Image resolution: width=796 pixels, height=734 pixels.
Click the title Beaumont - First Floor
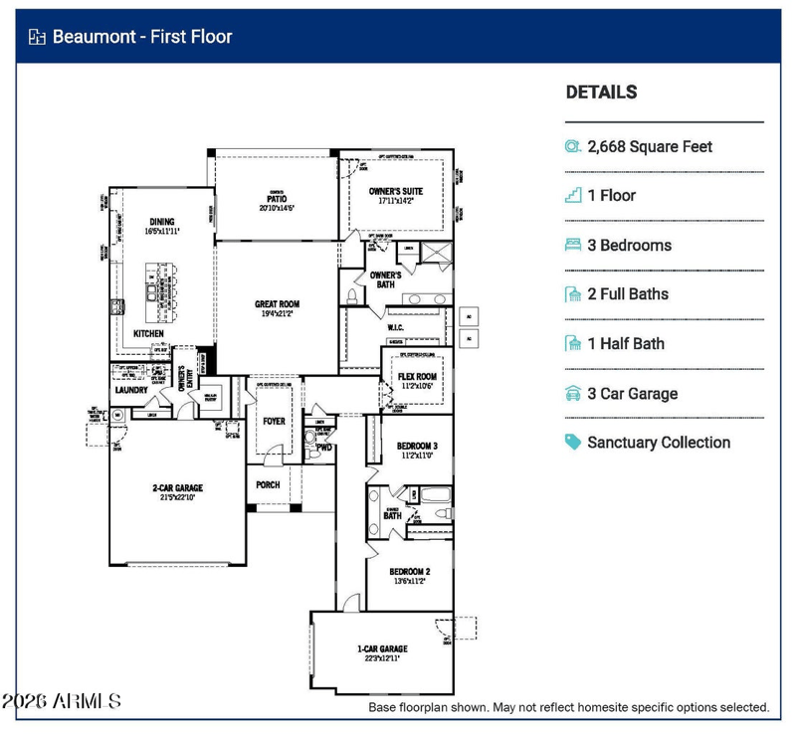pos(142,38)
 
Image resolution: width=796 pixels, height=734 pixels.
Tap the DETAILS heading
pos(601,92)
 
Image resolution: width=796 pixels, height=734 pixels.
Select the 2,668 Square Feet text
pos(650,146)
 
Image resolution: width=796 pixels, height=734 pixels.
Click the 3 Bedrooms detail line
pos(629,245)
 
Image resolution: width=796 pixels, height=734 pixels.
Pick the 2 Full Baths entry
pos(628,294)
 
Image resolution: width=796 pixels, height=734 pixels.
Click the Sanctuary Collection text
pos(659,443)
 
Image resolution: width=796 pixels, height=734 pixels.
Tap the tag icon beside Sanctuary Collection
pos(573,443)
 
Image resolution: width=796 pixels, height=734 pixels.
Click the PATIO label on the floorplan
pos(277,199)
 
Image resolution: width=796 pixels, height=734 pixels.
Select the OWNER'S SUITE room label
pos(396,190)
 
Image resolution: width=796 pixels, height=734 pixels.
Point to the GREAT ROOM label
pos(277,304)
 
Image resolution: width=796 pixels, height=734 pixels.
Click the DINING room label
pos(162,222)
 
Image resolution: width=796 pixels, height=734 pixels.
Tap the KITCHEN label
pos(150,333)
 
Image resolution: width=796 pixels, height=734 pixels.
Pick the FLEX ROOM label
pos(416,376)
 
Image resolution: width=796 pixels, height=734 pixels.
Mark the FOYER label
pos(274,421)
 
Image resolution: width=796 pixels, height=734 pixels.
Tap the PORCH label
pos(268,485)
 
